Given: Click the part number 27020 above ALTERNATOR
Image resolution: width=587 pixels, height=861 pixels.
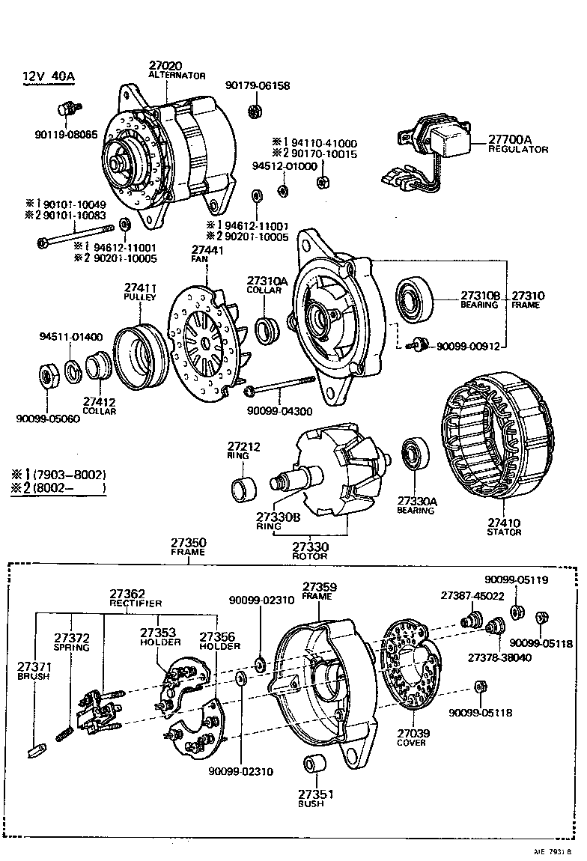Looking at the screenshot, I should tap(165, 66).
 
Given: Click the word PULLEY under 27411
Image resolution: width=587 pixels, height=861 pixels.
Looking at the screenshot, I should tap(139, 297).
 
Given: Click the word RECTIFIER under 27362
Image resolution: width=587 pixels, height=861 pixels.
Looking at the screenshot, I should tap(136, 603).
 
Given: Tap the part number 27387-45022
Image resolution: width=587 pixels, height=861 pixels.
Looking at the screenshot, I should tap(472, 595).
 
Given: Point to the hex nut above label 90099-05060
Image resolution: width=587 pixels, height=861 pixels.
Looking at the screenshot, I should tap(48, 376).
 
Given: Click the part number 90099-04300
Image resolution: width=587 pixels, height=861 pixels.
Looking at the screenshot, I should tap(279, 411).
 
